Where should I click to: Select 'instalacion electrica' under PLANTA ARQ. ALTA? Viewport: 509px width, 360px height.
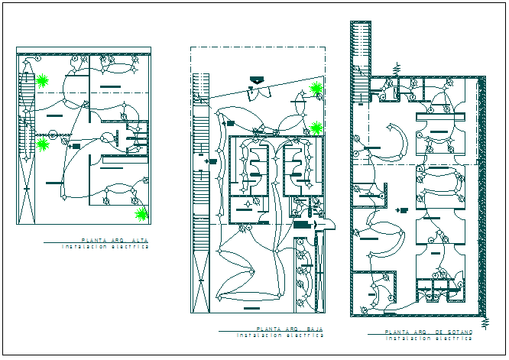[x=105, y=247]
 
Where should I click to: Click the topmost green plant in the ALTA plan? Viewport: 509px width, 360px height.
[x=44, y=79]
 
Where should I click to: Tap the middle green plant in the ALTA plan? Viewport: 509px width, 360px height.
[x=44, y=143]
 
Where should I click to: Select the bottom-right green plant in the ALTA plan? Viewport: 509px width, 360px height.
[x=142, y=213]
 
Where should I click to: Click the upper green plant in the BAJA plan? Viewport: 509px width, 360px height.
[x=316, y=89]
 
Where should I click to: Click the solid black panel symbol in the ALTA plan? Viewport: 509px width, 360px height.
[x=76, y=145]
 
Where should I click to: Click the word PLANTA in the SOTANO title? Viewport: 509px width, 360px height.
[x=397, y=332]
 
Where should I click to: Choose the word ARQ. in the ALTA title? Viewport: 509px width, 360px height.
[x=118, y=241]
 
